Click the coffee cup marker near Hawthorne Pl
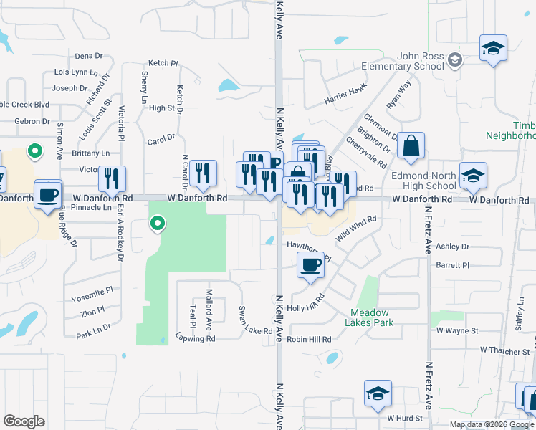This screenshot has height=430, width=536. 310,266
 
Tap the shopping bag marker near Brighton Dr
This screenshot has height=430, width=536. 411,147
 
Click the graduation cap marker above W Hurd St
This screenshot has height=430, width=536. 378,394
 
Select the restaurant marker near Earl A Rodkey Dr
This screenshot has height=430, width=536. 112,179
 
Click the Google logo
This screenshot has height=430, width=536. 24,421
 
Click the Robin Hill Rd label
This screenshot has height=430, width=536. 310,339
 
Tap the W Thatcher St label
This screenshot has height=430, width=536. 504,350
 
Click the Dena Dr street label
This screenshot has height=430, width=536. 89,55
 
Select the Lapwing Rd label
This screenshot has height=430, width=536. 195,336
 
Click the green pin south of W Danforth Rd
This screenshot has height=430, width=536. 158,224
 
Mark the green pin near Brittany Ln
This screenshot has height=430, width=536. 34,151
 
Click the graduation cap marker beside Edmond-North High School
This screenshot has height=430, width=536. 473,176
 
